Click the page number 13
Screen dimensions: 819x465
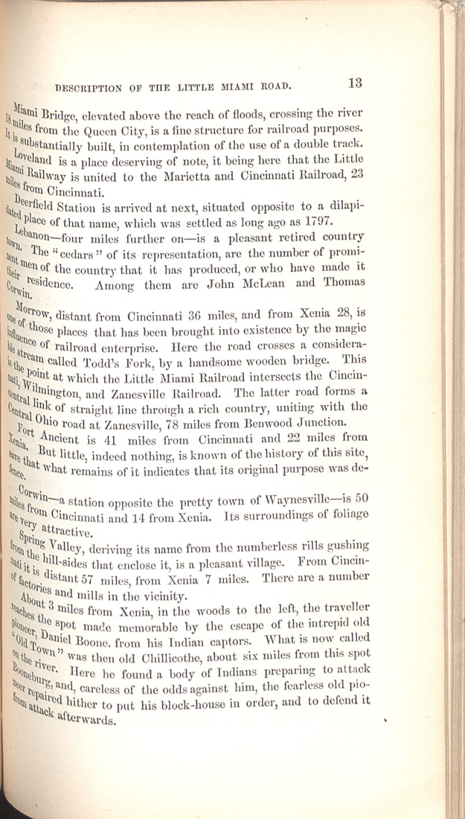(354, 83)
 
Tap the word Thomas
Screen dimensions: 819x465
(343, 281)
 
